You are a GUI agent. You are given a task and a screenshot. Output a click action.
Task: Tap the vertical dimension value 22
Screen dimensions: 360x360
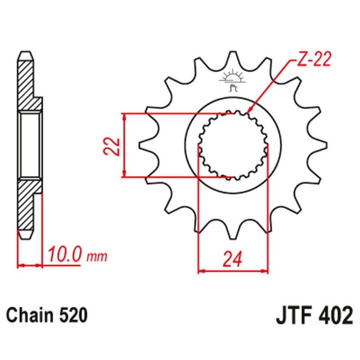click(x=113, y=145)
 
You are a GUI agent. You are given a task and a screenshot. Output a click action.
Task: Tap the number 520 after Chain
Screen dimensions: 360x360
click(x=72, y=315)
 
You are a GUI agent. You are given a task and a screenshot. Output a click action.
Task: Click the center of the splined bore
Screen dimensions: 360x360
click(x=233, y=145)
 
